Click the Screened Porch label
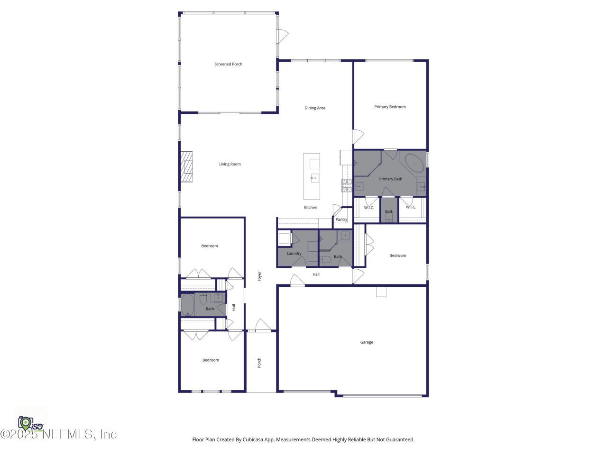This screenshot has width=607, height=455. coord(228,64)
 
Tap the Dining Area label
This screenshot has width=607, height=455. coord(315,108)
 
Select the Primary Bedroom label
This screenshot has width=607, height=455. coord(390,107)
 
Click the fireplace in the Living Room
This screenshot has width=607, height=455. coord(186,167)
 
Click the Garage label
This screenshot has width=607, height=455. coord(367,342)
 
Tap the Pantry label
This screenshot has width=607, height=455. coord(341,219)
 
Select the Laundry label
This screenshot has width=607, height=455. coord(294,253)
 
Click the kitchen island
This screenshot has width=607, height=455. coord(312,176)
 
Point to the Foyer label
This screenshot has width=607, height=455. coord(259,276)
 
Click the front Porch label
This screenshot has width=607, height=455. coord(259,363)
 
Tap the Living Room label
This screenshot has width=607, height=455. coord(230,164)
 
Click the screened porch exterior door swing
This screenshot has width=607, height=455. coord(283,35)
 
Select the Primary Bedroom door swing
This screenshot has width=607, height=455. coord(358,136)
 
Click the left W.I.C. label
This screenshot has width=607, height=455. coord(369,207)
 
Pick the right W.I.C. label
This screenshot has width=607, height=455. coord(411,207)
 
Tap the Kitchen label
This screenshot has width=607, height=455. coord(311,208)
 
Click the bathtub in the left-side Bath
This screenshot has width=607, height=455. coord(188,305)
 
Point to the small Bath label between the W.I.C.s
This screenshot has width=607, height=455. coord(389,211)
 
